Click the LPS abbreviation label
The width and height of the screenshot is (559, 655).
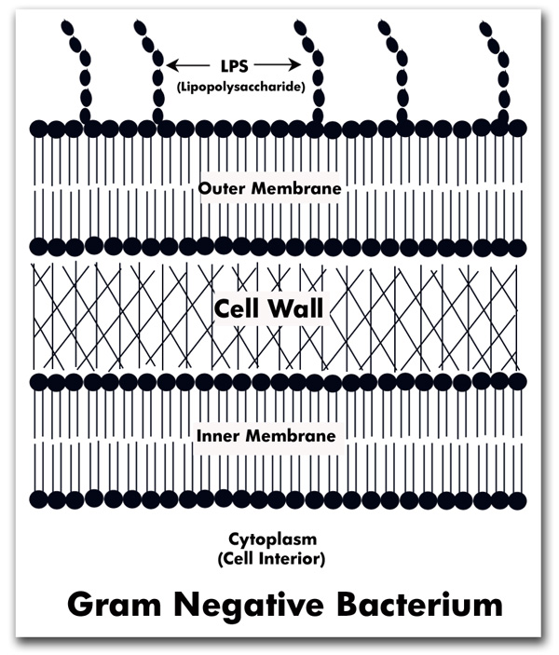pos(234,65)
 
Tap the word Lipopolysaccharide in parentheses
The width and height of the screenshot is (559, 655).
pos(240,88)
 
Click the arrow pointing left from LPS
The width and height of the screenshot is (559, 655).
pos(188,65)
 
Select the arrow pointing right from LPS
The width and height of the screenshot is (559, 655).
pos(278,65)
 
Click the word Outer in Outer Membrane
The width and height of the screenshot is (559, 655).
pos(222,188)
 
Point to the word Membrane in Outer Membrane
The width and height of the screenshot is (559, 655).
pos(295,188)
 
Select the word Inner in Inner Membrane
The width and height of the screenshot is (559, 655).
pos(218,436)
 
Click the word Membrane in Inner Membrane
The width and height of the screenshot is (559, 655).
pos(291,436)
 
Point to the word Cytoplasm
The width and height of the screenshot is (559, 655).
pos(272,539)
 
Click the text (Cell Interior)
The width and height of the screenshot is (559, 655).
pos(271,558)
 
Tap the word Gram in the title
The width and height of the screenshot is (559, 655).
pos(114,605)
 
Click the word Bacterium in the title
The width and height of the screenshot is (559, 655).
pos(420,605)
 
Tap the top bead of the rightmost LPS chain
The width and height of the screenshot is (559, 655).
pos(485,28)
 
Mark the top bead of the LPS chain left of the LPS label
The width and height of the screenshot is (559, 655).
pos(140,27)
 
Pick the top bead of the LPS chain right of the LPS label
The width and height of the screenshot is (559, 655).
pos(300,28)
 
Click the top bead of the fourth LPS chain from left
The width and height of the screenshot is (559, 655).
pos(384,28)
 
